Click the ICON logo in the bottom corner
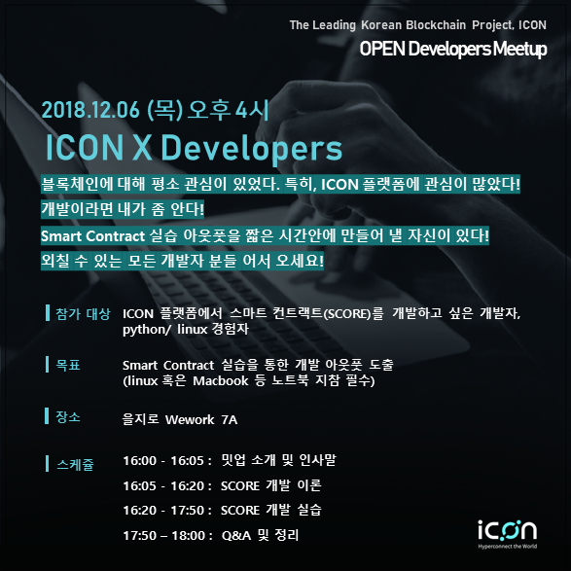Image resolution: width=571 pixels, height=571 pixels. coord(507,534)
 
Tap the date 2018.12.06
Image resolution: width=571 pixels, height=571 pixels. coord(90,110)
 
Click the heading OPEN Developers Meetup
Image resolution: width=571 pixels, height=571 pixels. coord(453,49)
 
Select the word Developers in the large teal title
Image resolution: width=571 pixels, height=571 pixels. coord(252,148)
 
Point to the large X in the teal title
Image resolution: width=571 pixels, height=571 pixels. coord(142,147)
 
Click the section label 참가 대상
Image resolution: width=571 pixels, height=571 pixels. coord(83,313)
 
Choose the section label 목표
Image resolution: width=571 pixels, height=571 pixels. coord(68,365)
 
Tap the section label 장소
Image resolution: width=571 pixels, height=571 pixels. coord(68,416)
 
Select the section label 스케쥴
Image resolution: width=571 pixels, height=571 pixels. coord(75,464)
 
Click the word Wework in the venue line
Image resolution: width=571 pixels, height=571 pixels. coord(190,419)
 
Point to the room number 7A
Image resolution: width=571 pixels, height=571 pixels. coord(230,419)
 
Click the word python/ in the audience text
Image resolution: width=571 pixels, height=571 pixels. coord(146,330)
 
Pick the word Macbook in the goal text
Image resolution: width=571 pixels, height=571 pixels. coord(221,381)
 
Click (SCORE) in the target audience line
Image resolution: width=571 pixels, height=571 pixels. coord(347,313)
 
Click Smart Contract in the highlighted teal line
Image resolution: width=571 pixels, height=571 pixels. coord(92,236)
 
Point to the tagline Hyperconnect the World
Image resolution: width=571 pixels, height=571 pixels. coord(507,547)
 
